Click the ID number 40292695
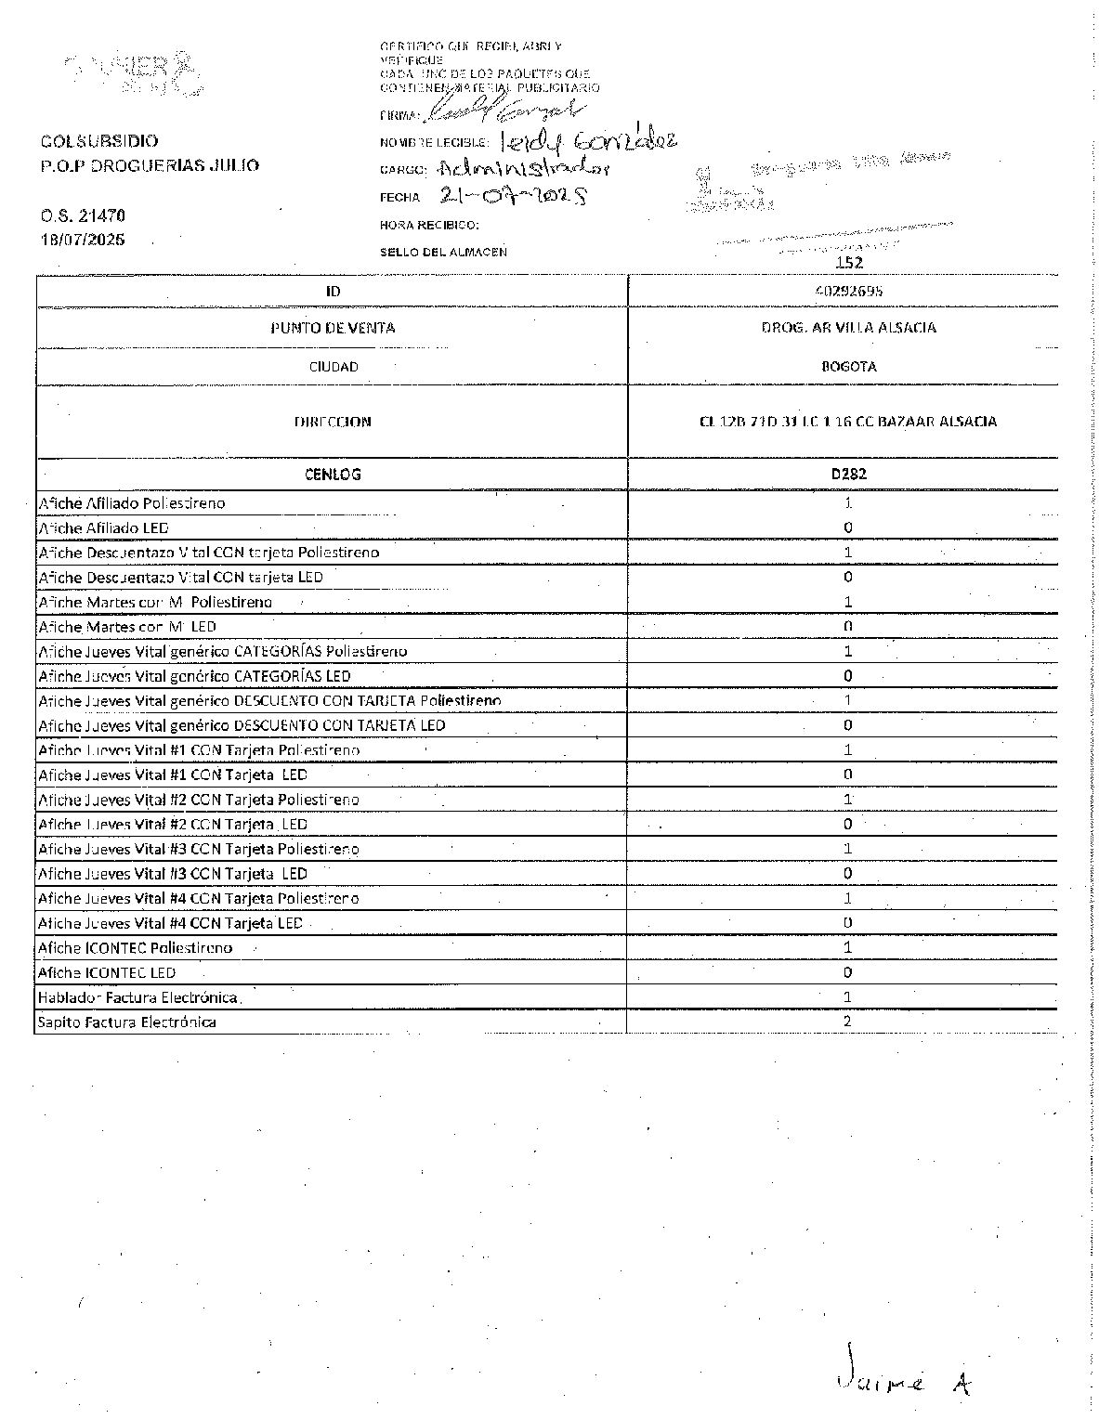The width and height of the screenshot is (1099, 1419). click(x=848, y=291)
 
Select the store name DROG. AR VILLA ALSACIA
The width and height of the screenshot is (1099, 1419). click(x=848, y=328)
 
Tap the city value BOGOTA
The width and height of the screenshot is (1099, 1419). click(x=848, y=366)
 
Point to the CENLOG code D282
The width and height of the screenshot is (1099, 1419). click(x=848, y=474)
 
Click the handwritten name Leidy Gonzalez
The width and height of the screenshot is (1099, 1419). click(x=588, y=140)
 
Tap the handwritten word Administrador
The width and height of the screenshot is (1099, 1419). click(x=525, y=169)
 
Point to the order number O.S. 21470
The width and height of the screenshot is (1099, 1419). click(x=83, y=215)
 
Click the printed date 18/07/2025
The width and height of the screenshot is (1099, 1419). click(x=83, y=240)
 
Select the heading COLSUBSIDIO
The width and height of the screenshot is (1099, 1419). click(x=99, y=141)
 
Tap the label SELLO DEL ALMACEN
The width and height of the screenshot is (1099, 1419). click(x=443, y=252)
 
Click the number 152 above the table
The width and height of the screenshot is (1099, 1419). click(x=849, y=263)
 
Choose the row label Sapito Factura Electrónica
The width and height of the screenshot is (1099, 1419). click(x=127, y=1022)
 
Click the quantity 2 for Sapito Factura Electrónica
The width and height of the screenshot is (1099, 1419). click(x=847, y=1022)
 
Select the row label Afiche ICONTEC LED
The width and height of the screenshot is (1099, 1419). click(x=107, y=973)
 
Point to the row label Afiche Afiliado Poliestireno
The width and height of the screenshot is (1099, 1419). click(x=132, y=503)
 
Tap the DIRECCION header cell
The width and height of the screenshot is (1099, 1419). click(x=333, y=422)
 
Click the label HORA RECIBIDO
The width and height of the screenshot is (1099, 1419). click(x=429, y=225)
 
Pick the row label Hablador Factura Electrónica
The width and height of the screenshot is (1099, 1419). click(x=138, y=997)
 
